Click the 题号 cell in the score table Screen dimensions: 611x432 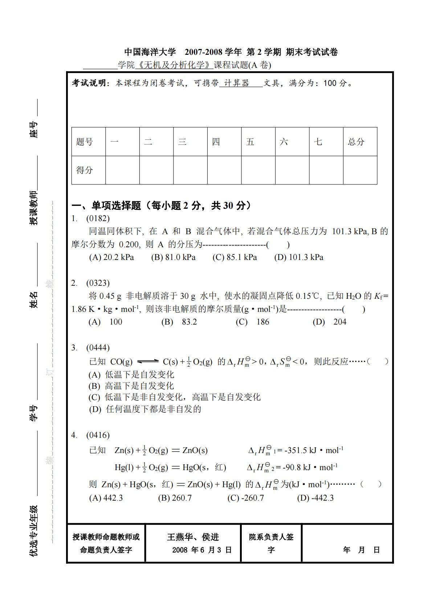(x=85, y=142)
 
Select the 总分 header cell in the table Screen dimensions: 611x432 (x=356, y=142)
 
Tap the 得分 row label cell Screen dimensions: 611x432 (x=85, y=170)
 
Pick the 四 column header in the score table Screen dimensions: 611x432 (x=216, y=142)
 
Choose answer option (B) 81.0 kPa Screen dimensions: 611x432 (x=173, y=257)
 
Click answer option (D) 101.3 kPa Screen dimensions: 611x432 (x=299, y=257)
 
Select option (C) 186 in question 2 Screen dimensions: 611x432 (x=252, y=322)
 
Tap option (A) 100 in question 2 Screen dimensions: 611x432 (x=105, y=322)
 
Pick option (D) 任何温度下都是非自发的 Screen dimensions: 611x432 (x=145, y=409)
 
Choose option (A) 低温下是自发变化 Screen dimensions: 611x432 (x=131, y=375)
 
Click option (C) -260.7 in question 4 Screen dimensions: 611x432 (x=245, y=498)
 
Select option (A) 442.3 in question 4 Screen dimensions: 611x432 (x=106, y=498)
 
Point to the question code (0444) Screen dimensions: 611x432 (x=98, y=348)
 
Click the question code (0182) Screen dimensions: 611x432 (x=98, y=218)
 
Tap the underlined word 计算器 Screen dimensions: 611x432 (x=237, y=83)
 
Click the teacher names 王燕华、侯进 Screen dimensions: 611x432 (x=193, y=537)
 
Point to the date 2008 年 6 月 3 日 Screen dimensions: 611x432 (x=201, y=550)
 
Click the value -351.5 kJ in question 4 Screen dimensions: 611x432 (x=301, y=451)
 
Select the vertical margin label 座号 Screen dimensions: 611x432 (x=33, y=129)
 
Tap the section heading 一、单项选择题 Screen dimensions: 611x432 (x=106, y=206)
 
